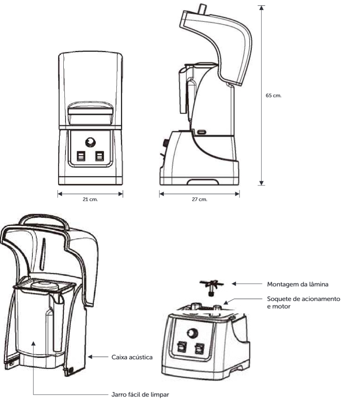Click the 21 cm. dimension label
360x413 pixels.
pyautogui.click(x=90, y=199)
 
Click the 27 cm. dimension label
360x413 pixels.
pyautogui.click(x=199, y=199)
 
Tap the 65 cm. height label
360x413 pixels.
pyautogui.click(x=274, y=96)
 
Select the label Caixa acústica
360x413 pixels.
pyautogui.click(x=132, y=357)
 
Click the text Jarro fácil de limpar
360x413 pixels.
pyautogui.click(x=140, y=395)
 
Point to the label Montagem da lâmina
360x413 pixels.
pyautogui.click(x=298, y=284)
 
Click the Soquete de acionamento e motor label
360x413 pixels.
pyautogui.click(x=303, y=303)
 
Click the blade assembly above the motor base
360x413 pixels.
pyautogui.click(x=212, y=287)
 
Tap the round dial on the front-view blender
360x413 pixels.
pyautogui.click(x=90, y=142)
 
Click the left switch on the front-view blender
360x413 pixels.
pyautogui.click(x=81, y=156)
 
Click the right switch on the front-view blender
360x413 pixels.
pyautogui.click(x=100, y=156)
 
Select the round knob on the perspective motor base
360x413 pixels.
pyautogui.click(x=192, y=333)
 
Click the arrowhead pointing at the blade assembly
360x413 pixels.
pyautogui.click(x=234, y=284)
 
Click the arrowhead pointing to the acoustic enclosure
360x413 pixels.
pyautogui.click(x=90, y=357)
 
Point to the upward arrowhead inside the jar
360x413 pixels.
pyautogui.click(x=33, y=343)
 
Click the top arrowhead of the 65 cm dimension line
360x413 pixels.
pyautogui.click(x=261, y=8)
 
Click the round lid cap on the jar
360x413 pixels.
pyautogui.click(x=44, y=285)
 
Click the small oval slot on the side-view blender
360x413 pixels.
pyautogui.click(x=202, y=132)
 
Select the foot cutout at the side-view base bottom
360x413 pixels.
pyautogui.click(x=203, y=182)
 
